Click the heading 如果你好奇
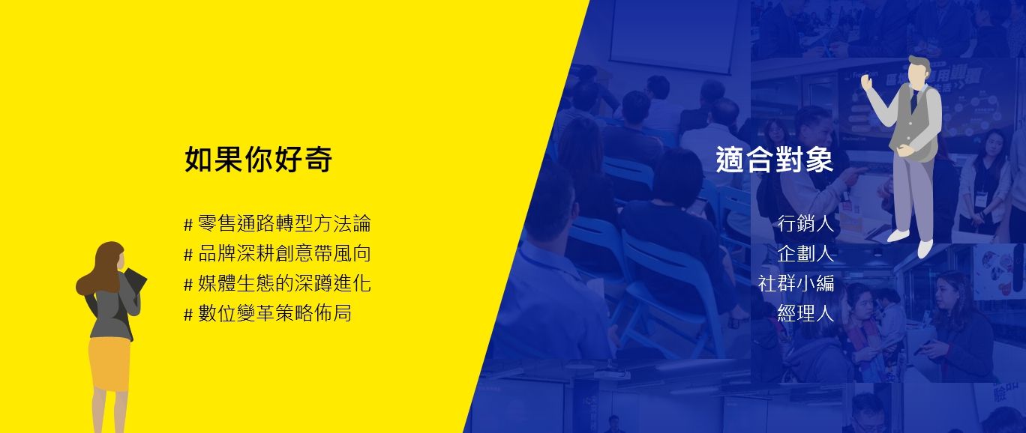(258, 160)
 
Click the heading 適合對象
(775, 160)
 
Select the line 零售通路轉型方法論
(284, 224)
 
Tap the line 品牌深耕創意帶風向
(284, 253)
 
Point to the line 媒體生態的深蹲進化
(284, 283)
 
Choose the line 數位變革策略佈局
(274, 314)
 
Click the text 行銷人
(805, 224)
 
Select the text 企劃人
(805, 253)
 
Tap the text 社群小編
(796, 283)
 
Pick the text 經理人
(805, 314)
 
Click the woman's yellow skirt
(109, 365)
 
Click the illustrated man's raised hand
(866, 82)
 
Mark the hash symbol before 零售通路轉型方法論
(188, 225)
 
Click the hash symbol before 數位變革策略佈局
(188, 315)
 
